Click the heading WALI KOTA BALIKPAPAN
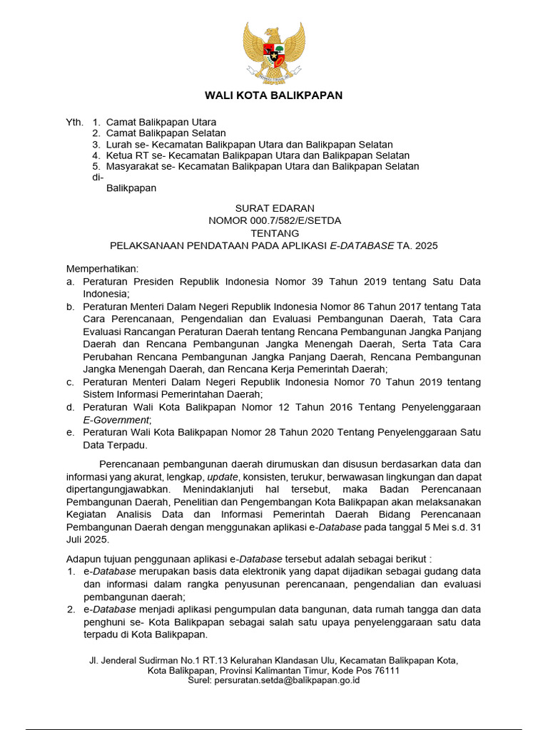click(274, 95)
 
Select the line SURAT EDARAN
click(275, 208)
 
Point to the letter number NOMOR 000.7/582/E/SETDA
click(275, 220)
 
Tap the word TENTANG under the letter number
click(275, 233)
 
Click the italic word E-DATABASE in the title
click(362, 245)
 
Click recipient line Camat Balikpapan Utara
click(161, 122)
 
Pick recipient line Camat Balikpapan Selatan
click(166, 133)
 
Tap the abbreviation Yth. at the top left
click(74, 122)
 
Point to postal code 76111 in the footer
click(386, 671)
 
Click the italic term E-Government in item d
click(116, 420)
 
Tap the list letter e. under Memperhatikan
click(70, 433)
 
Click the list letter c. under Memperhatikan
click(70, 382)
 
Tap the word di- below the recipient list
click(98, 177)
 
